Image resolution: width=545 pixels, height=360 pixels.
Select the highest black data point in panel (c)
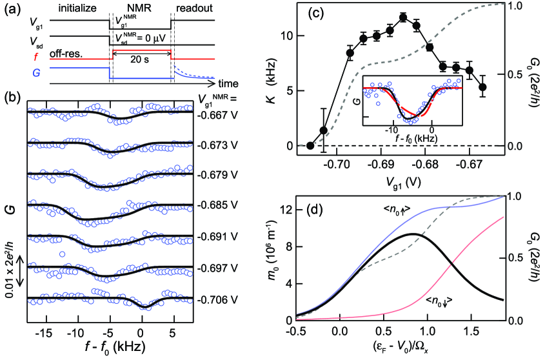(404, 17)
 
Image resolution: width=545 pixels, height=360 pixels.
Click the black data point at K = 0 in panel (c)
(310, 146)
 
